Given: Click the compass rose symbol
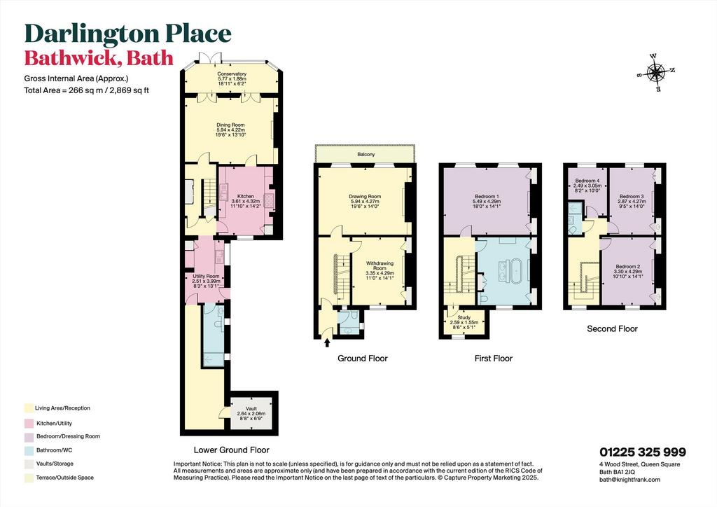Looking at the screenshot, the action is click(x=656, y=73).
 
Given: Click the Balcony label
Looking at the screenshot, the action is click(x=366, y=155).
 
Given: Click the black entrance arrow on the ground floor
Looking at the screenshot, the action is click(x=327, y=342).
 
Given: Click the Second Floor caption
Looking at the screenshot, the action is click(x=612, y=328).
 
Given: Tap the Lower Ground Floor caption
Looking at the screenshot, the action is click(x=231, y=450).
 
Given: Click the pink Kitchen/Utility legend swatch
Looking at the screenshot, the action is click(x=29, y=424).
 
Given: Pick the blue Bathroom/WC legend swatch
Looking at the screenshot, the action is click(x=29, y=450).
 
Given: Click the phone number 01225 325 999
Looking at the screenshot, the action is click(x=643, y=452).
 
